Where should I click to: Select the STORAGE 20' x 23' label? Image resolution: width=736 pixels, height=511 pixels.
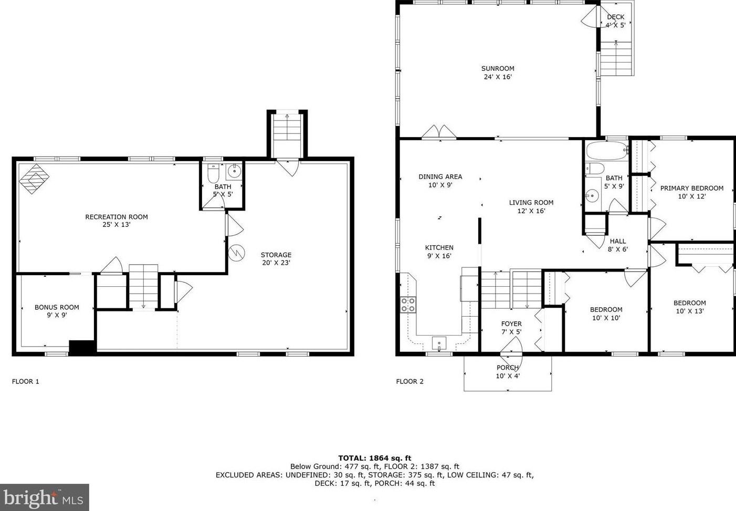point(276,258)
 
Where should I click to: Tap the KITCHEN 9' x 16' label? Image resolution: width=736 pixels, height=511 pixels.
point(439,252)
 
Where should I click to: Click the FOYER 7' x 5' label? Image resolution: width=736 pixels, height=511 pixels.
point(511,328)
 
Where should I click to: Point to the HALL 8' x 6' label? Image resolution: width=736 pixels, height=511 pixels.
point(618,245)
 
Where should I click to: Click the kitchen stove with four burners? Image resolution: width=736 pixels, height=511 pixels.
point(408,305)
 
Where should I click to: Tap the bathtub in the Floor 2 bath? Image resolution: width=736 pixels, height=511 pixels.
point(607,151)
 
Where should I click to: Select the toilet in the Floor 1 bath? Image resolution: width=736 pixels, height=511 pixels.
point(213,173)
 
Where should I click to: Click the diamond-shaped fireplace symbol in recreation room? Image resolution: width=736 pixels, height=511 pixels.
point(34,179)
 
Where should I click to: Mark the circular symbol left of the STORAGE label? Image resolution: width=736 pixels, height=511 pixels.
point(237,253)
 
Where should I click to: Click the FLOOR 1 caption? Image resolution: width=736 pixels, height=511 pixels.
point(25,381)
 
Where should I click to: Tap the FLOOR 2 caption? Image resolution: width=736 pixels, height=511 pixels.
point(409,381)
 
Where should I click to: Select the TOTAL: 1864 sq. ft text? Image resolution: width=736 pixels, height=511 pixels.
point(375,458)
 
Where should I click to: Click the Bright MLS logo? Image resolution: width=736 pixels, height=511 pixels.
point(44,497)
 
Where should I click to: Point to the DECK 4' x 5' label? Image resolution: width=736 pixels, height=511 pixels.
point(615,21)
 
